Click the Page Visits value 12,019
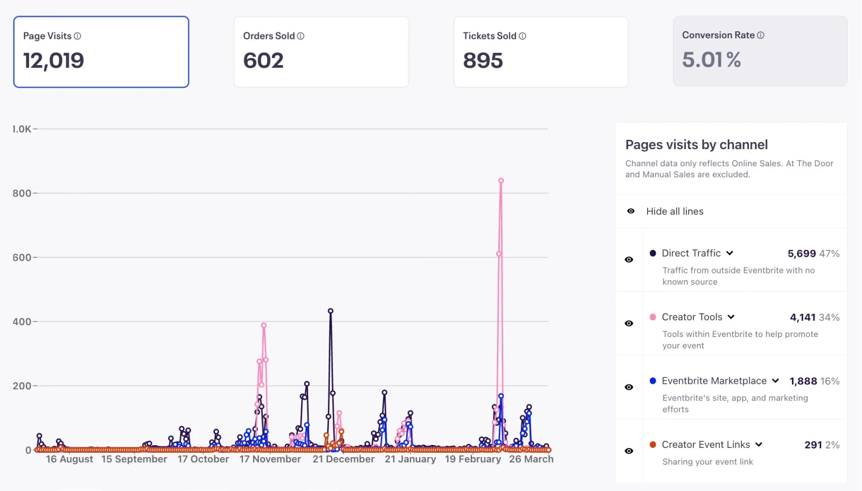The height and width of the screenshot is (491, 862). tap(53, 60)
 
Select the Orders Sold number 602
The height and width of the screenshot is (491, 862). tap(263, 60)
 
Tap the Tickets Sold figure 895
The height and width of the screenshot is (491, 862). tap(483, 60)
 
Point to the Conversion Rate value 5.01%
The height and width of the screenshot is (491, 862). tap(711, 60)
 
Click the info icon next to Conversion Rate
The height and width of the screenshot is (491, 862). tap(761, 35)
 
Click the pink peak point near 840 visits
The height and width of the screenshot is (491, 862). tap(501, 181)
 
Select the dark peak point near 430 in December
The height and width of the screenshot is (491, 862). tap(330, 311)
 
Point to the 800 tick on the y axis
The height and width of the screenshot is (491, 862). tap(22, 193)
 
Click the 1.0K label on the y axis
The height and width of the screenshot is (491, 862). tap(22, 129)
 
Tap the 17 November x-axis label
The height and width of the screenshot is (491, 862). tap(270, 459)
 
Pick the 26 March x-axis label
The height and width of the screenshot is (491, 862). tap(531, 459)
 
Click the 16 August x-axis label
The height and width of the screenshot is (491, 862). tap(69, 459)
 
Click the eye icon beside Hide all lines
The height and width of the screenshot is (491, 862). tap(631, 211)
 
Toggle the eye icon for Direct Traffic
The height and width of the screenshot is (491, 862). tap(629, 259)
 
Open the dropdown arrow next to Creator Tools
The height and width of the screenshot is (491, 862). tap(731, 317)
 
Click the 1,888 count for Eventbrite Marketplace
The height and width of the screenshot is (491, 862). tap(803, 381)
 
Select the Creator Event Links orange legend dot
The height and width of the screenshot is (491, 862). tap(653, 445)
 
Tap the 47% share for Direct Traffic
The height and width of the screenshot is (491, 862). tap(829, 254)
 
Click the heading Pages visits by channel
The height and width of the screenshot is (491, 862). tap(696, 145)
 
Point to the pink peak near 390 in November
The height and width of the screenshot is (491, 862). tap(263, 326)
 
